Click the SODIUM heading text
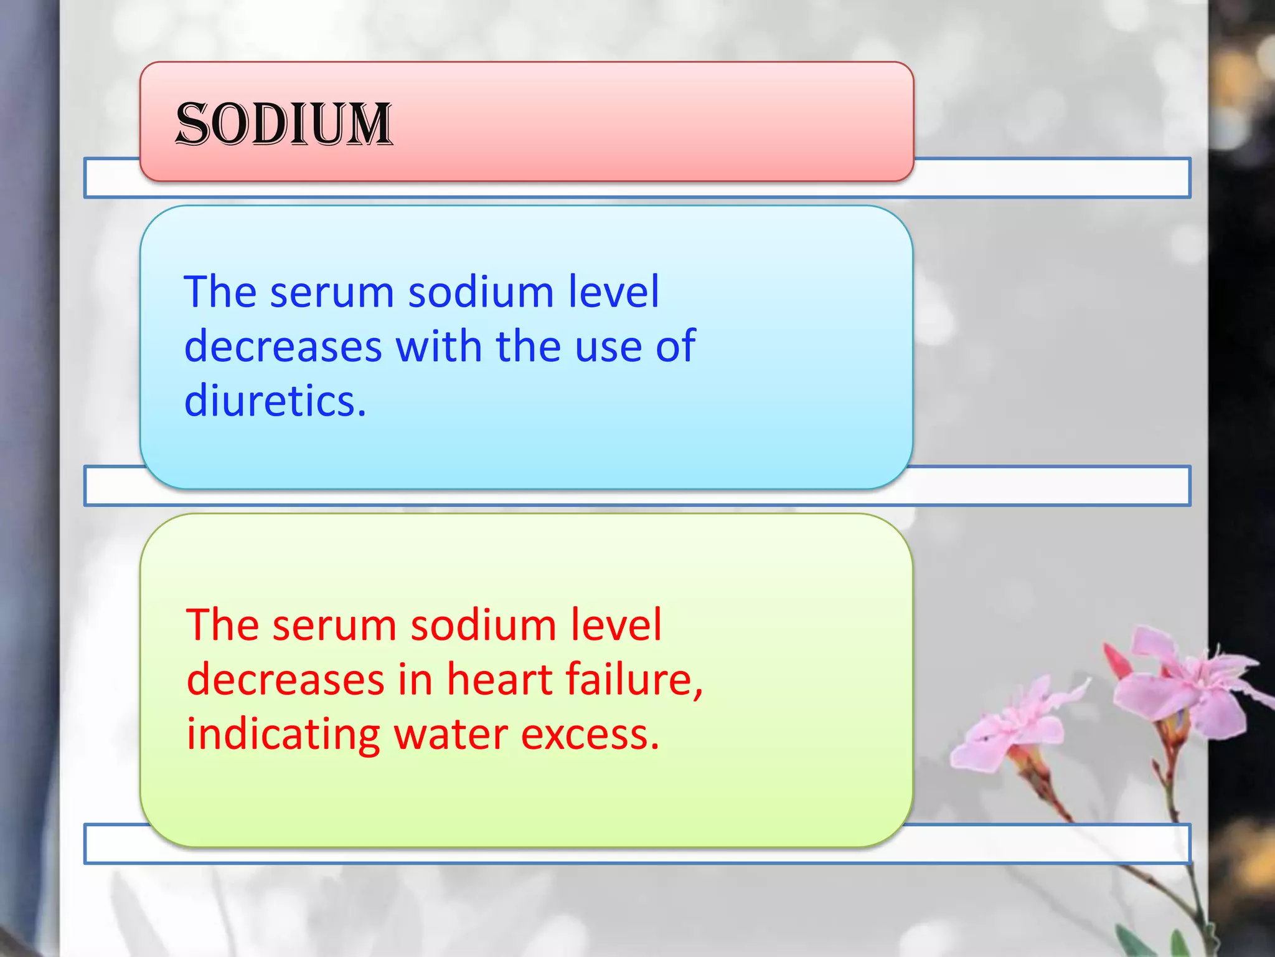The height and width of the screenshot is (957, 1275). pyautogui.click(x=284, y=124)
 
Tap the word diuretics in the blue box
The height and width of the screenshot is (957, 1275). pyautogui.click(x=275, y=401)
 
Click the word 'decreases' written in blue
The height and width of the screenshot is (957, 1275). pyautogui.click(x=283, y=346)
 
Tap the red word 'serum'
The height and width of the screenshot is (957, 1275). pyautogui.click(x=334, y=626)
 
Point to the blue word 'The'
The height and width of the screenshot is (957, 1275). pyautogui.click(x=220, y=292)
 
